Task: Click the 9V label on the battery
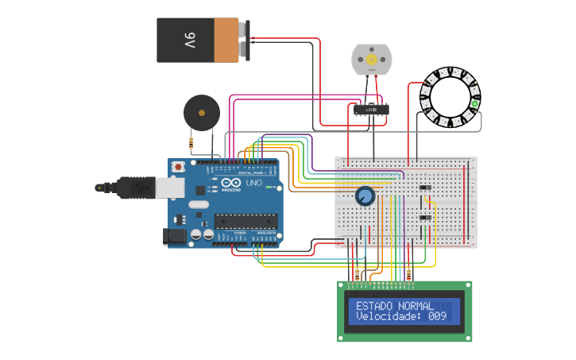pyautogui.click(x=190, y=40)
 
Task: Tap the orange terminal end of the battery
pyautogui.click(x=230, y=40)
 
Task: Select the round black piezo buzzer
pyautogui.click(x=201, y=112)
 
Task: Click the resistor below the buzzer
pyautogui.click(x=191, y=143)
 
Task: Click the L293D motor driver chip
pyautogui.click(x=371, y=110)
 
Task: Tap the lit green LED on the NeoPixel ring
pyautogui.click(x=475, y=103)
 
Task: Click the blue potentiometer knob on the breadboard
pyautogui.click(x=365, y=196)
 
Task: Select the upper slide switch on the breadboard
pyautogui.click(x=425, y=188)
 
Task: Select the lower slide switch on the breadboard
pyautogui.click(x=425, y=217)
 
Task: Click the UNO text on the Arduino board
pyautogui.click(x=253, y=183)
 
